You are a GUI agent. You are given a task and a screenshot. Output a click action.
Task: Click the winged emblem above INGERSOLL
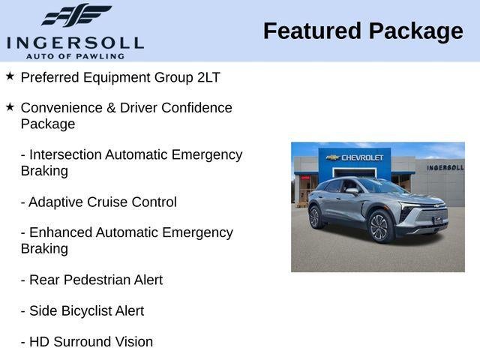click(76, 15)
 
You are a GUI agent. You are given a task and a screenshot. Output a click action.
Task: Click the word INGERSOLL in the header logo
click(75, 43)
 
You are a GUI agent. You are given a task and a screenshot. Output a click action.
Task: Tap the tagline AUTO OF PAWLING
click(75, 56)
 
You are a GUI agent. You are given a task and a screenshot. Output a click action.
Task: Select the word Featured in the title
click(312, 31)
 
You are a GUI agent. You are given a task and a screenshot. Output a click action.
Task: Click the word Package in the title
click(416, 31)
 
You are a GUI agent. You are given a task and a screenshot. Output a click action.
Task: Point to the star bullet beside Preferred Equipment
click(10, 76)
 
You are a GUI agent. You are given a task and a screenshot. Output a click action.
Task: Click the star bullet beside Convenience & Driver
click(10, 107)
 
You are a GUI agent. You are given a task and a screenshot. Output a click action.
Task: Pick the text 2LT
click(208, 77)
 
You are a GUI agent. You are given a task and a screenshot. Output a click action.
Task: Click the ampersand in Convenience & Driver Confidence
click(112, 108)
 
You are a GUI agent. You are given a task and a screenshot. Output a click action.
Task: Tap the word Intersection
click(65, 154)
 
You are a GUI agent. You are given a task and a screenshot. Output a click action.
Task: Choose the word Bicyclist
click(87, 310)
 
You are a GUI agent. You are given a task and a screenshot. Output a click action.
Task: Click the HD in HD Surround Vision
click(40, 342)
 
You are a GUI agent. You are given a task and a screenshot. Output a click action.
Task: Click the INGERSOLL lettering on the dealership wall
click(445, 167)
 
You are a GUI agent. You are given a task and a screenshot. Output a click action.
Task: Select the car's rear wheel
click(315, 217)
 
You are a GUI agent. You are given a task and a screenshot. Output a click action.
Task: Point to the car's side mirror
click(352, 191)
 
